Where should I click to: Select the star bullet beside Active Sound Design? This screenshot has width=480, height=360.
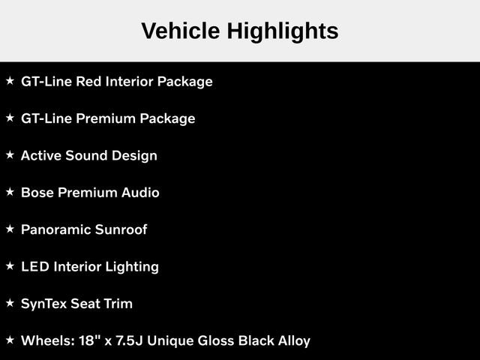10,155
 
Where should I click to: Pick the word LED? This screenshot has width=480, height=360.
34,266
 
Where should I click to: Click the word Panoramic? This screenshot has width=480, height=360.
55,229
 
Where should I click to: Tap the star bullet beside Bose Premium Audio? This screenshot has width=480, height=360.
10,193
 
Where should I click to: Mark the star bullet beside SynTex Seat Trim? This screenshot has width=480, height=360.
10,304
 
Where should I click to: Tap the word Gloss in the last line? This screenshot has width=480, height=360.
215,340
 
